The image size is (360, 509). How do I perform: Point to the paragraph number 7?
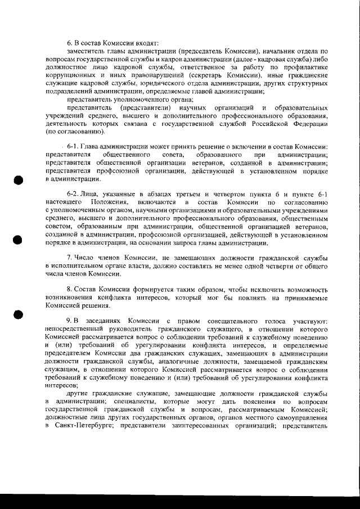pos(70,257)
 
